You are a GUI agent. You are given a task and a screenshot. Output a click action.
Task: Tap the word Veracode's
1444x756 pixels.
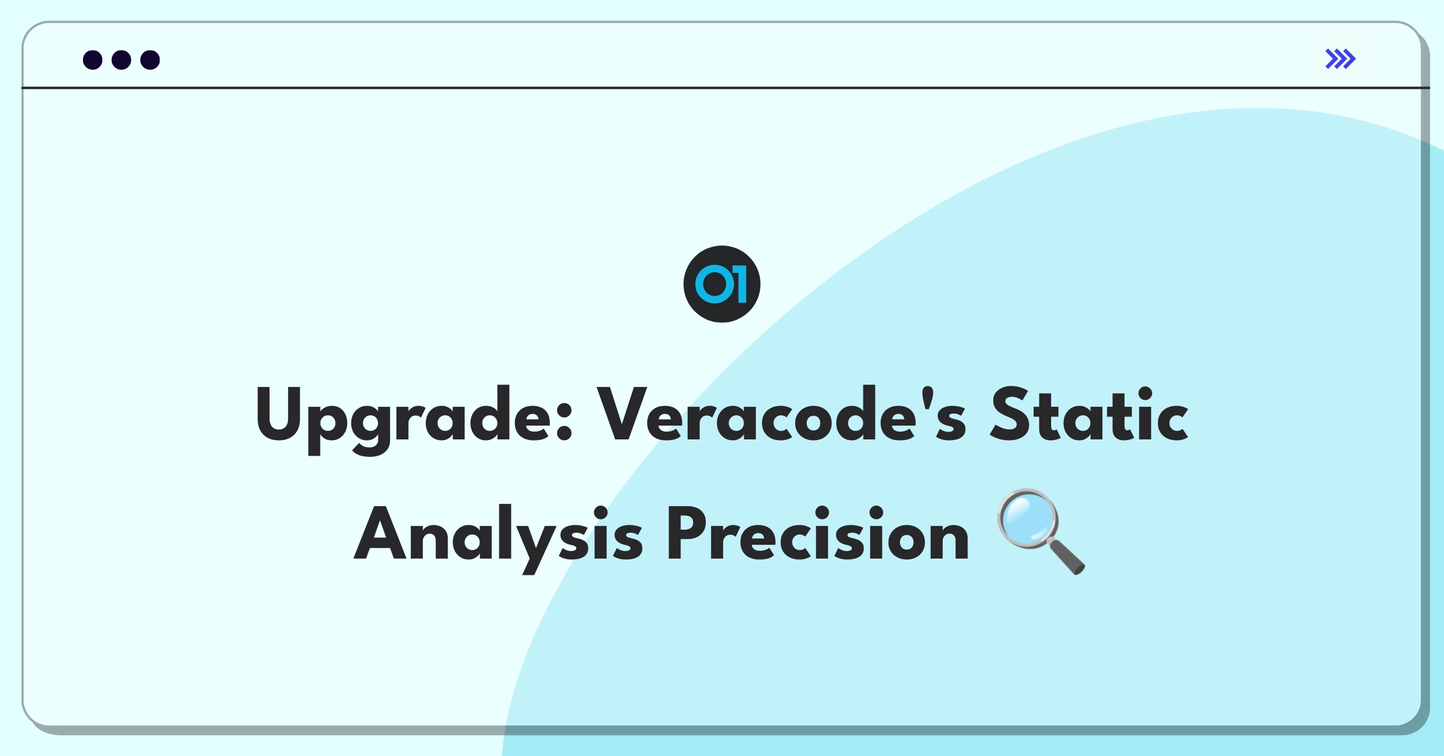(782, 414)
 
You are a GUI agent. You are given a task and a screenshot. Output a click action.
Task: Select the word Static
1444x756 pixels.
(1090, 414)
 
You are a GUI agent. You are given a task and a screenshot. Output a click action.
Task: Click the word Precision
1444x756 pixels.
(818, 532)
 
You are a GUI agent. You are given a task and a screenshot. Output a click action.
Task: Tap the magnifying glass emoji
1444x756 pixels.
(1041, 531)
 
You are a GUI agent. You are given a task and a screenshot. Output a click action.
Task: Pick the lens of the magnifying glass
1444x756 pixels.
(1028, 518)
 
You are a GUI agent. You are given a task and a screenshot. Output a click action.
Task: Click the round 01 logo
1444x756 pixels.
(722, 284)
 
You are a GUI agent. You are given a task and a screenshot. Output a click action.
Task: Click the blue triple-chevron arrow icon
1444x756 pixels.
(1341, 59)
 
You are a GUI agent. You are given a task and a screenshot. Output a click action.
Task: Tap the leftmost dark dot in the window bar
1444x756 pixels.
(93, 60)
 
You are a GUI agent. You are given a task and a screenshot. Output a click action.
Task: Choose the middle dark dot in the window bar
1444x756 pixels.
(122, 60)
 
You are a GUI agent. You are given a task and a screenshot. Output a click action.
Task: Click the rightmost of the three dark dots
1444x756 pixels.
(150, 60)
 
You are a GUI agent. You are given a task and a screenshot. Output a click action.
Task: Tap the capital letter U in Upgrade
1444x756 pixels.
(278, 414)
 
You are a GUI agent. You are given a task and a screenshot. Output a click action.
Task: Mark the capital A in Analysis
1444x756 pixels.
(380, 532)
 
